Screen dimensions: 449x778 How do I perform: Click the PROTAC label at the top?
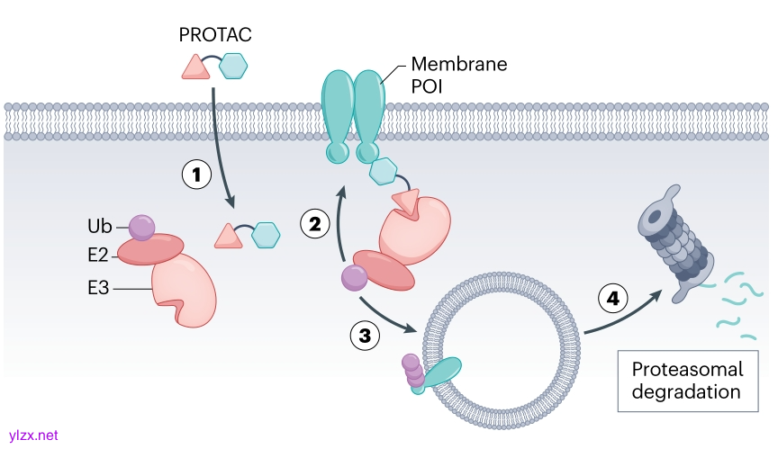point(215,36)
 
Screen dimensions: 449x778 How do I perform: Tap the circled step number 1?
point(198,175)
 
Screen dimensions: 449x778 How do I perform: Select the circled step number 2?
point(314,224)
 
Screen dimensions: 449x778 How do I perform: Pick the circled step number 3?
point(365,336)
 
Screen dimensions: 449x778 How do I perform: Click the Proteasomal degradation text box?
point(686,380)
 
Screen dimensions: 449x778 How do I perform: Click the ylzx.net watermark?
point(32,436)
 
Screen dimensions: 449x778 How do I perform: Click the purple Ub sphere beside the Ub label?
point(142,227)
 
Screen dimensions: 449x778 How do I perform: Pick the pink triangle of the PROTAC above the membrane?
point(194,67)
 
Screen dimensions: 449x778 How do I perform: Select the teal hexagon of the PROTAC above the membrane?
point(233,66)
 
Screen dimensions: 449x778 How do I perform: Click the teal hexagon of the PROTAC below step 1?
point(266,235)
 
